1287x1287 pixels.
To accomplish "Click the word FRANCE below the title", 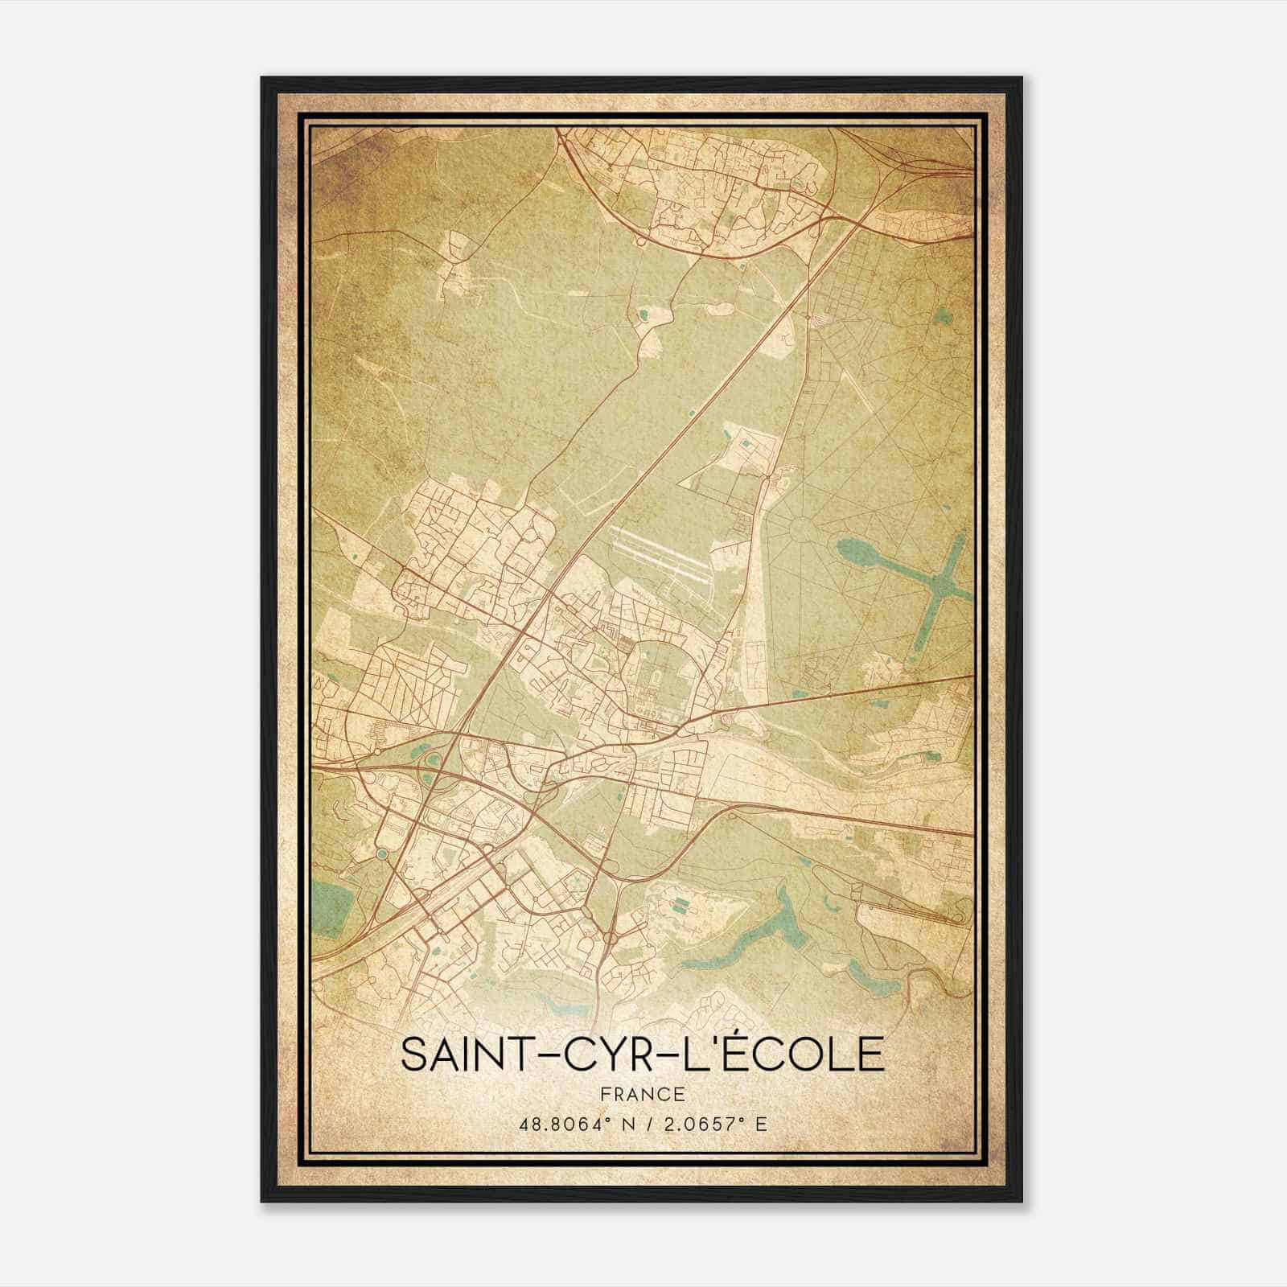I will (642, 1094).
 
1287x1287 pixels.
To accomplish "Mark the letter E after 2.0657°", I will (761, 1123).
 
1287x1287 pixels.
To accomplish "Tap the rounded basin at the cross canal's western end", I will (853, 553).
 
